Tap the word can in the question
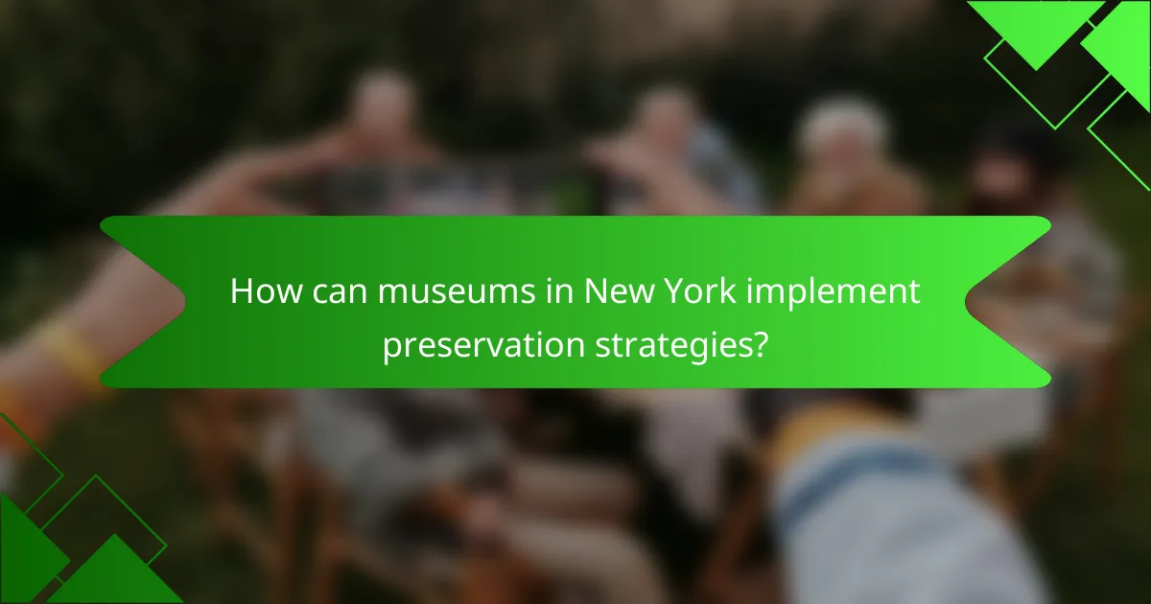pyautogui.click(x=338, y=292)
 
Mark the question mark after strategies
pyautogui.click(x=759, y=343)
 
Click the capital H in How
pyautogui.click(x=241, y=292)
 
